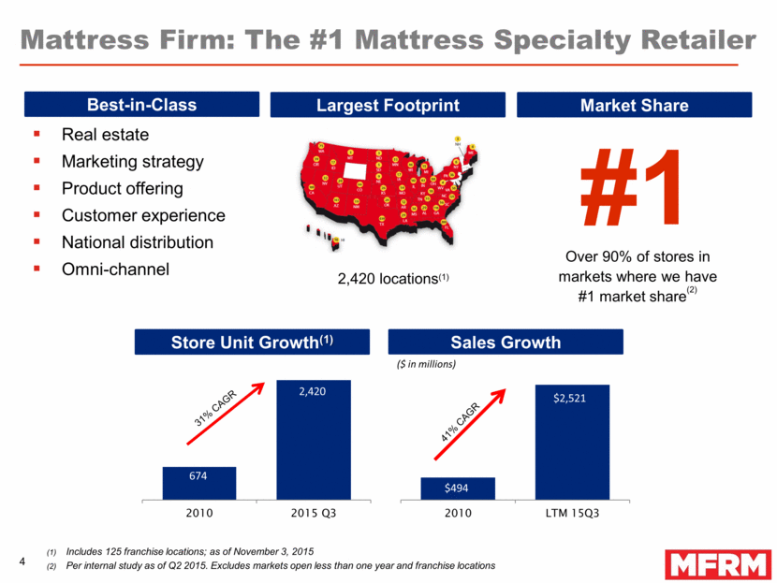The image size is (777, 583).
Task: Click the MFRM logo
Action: (718, 564)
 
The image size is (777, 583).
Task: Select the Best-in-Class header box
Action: (141, 105)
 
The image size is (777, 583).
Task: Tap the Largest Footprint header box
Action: (388, 105)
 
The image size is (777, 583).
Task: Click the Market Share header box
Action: (634, 105)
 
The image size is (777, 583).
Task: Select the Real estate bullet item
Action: (105, 135)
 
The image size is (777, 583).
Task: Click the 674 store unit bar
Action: (198, 483)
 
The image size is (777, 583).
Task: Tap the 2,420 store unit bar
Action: (313, 439)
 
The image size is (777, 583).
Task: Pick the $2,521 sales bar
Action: (571, 441)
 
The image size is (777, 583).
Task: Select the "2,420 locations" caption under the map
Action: (380, 279)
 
